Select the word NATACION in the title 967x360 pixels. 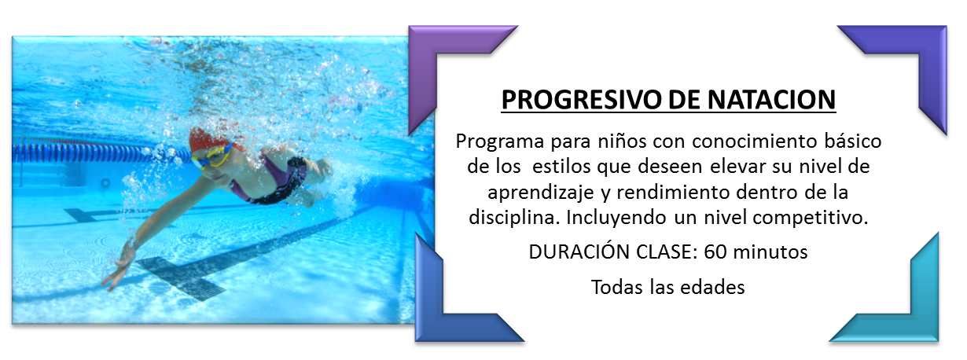(772, 100)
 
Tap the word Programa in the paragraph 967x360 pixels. (500, 142)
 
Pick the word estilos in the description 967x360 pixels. (561, 167)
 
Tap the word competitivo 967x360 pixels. (810, 218)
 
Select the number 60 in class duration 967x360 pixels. (715, 252)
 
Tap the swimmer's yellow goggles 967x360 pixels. (211, 156)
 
